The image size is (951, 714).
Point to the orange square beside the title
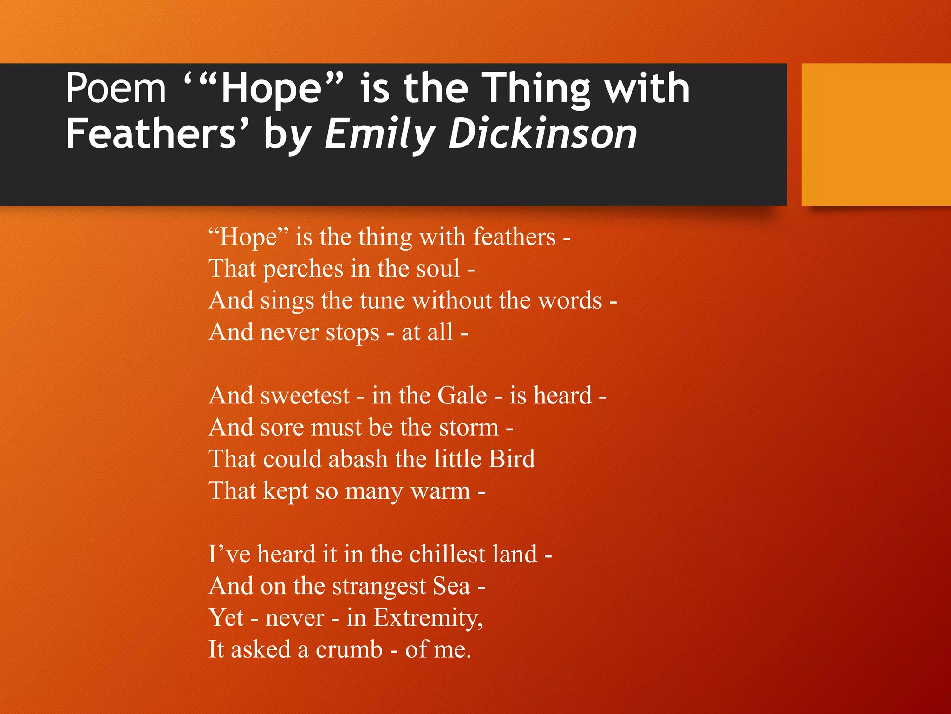(876, 134)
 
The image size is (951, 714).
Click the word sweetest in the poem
(305, 396)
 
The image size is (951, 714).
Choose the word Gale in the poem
(462, 396)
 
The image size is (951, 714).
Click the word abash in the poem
(358, 459)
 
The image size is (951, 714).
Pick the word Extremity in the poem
(428, 618)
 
